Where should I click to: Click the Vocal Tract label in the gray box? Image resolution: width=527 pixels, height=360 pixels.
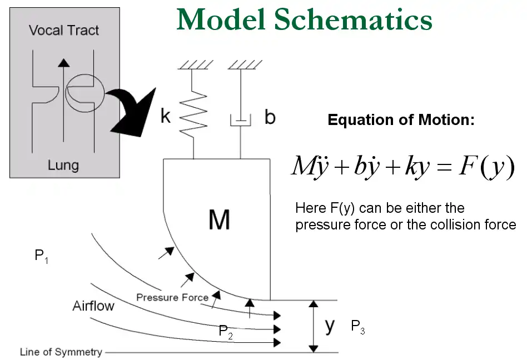coord(64,30)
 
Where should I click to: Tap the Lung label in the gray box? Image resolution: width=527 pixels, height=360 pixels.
coord(63,165)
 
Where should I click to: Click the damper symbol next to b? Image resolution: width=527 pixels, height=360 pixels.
coord(240,119)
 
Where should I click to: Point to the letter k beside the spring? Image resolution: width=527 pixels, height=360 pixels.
coord(165,117)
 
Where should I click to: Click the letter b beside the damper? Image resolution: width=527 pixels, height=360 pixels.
coord(270,118)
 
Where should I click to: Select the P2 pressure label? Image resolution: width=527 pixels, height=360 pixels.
coord(225,332)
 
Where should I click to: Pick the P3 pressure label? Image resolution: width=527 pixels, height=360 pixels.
coord(357,327)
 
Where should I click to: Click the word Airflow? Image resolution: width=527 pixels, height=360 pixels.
coord(93,306)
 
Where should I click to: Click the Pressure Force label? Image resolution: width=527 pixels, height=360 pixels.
coord(172,297)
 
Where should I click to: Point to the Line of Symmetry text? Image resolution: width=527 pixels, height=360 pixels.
coord(61,352)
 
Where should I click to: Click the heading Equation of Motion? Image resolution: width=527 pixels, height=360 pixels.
coord(401,119)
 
